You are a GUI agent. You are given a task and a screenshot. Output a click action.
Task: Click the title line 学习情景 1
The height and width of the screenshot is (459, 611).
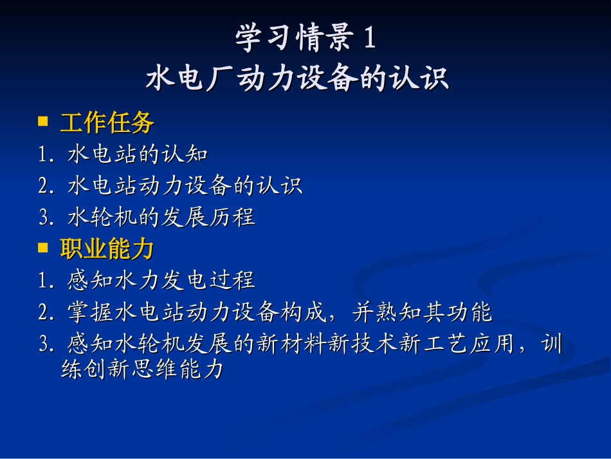305,39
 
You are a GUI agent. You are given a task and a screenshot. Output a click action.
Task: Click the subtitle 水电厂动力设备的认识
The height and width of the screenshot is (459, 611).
297,79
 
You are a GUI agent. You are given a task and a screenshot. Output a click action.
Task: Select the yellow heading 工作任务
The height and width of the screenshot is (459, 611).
107,122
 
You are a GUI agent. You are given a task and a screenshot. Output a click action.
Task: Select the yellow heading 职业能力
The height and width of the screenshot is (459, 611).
107,248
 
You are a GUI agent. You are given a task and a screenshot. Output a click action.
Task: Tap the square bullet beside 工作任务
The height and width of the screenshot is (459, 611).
44,121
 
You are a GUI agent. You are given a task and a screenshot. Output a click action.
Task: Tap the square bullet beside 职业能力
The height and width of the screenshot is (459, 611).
44,247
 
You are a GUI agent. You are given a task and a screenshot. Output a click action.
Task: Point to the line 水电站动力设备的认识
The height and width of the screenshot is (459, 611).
185,186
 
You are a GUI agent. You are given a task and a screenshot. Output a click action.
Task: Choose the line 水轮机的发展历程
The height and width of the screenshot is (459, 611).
161,217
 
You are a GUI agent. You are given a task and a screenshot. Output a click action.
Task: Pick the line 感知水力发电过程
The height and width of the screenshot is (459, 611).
161,280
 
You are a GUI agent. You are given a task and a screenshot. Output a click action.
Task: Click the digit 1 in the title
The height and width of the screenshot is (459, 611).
369,39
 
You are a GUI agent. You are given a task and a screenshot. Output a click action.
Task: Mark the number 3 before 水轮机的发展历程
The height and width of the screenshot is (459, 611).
43,218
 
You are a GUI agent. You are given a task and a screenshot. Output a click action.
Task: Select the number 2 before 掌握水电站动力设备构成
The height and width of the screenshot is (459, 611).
43,313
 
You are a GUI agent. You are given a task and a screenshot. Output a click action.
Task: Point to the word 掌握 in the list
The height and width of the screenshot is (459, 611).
90,312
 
